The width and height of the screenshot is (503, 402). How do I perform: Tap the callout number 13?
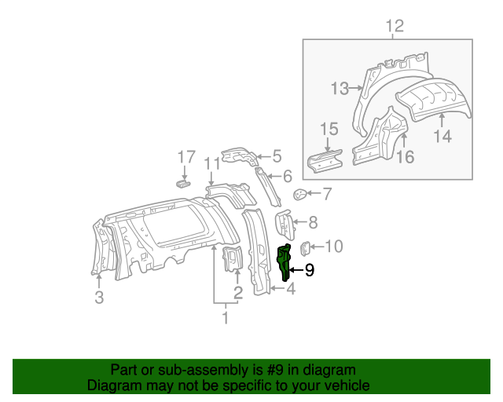click(x=339, y=89)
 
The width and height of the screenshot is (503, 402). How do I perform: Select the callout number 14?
click(x=442, y=136)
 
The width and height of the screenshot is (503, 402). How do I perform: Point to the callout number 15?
click(x=329, y=130)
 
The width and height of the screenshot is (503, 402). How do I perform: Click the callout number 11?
click(x=210, y=163)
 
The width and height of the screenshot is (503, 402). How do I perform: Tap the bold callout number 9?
click(x=309, y=270)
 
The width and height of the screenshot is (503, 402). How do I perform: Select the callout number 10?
click(x=333, y=247)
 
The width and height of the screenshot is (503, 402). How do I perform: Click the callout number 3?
click(x=99, y=297)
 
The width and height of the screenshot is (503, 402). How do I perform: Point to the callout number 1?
click(x=225, y=318)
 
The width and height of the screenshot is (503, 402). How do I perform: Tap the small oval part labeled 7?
click(x=299, y=194)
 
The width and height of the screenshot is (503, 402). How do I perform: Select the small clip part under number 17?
click(x=182, y=184)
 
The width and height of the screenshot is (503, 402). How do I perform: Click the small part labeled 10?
click(x=307, y=248)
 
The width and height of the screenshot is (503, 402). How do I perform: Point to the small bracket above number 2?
click(x=234, y=259)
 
